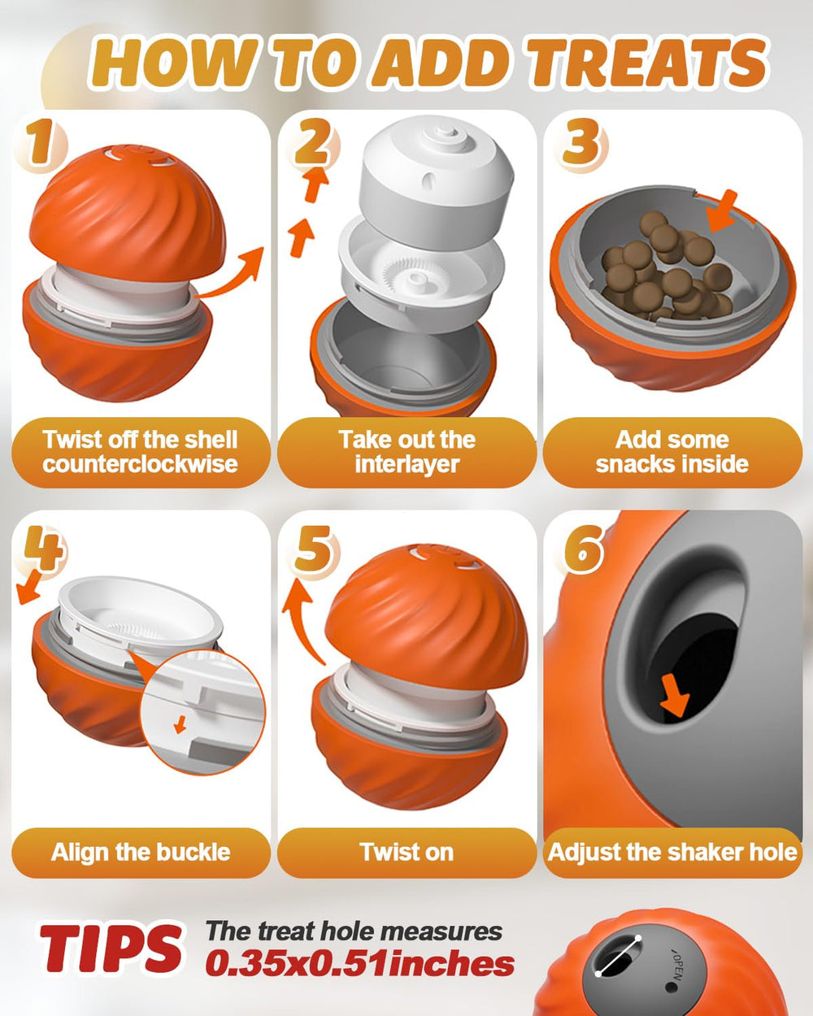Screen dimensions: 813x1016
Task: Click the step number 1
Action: pyautogui.click(x=40, y=141)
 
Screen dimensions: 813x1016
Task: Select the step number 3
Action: pyautogui.click(x=580, y=141)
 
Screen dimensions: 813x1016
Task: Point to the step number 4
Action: pyautogui.click(x=43, y=549)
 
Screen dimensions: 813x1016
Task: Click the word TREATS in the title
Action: pyautogui.click(x=646, y=63)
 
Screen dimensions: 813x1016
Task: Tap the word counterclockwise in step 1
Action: pyautogui.click(x=140, y=463)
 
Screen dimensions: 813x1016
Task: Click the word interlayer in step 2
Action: pyautogui.click(x=406, y=463)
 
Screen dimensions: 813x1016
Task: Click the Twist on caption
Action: pyautogui.click(x=406, y=852)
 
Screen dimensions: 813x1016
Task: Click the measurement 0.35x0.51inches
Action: pyautogui.click(x=360, y=964)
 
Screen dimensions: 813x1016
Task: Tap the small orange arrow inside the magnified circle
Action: pyautogui.click(x=180, y=724)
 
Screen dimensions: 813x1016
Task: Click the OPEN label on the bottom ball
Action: pyautogui.click(x=675, y=960)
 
